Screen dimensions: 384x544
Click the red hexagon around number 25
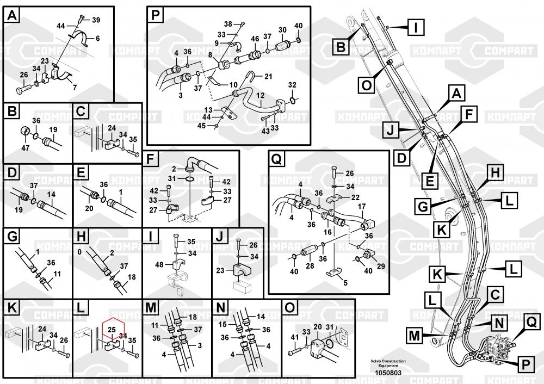tap(112, 329)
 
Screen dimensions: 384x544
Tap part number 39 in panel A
tap(96, 20)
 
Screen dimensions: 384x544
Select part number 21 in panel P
tap(268, 76)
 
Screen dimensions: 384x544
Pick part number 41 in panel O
tap(294, 337)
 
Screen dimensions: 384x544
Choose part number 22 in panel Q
tap(355, 197)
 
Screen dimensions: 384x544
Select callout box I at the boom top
tap(416, 27)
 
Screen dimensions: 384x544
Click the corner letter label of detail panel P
tap(156, 15)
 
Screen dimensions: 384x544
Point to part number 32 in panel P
tap(293, 85)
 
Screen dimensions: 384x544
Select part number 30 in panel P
tap(282, 30)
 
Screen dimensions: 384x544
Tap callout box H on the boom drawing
tap(495, 173)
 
